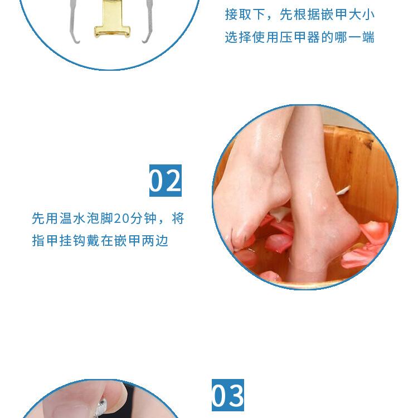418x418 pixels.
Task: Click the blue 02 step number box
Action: pyautogui.click(x=166, y=181)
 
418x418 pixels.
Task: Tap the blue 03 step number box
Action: pyautogui.click(x=227, y=395)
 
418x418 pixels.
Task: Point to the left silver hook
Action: pyautogui.click(x=74, y=21)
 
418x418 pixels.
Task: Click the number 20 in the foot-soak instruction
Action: pyautogui.click(x=121, y=218)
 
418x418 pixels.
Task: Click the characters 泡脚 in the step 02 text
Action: pyautogui.click(x=100, y=218)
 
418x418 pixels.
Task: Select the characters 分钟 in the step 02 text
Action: pyautogui.click(x=143, y=218)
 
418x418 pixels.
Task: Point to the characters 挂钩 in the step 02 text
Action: pyautogui.click(x=72, y=240)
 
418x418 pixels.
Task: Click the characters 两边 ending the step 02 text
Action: pyautogui.click(x=155, y=240)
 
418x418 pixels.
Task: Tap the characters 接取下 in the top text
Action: pyautogui.click(x=245, y=14)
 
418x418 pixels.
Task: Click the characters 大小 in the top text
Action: pyautogui.click(x=362, y=14)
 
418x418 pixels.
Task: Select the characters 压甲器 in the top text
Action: pyautogui.click(x=300, y=37)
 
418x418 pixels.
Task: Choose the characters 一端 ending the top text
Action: pyautogui.click(x=362, y=37)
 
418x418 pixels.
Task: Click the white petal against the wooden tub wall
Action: pyautogui.click(x=343, y=190)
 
